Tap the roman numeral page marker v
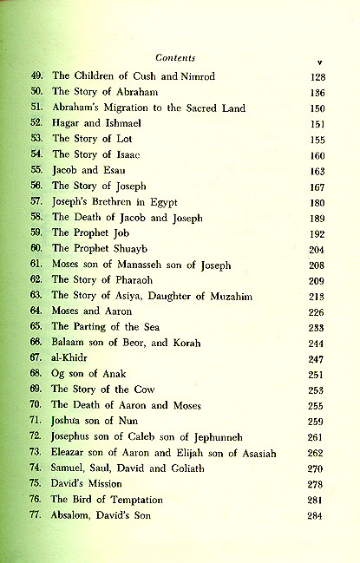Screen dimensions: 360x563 319,62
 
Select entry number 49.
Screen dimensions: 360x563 36,77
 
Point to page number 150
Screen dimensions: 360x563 316,108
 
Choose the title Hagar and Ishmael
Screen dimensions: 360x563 91,124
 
